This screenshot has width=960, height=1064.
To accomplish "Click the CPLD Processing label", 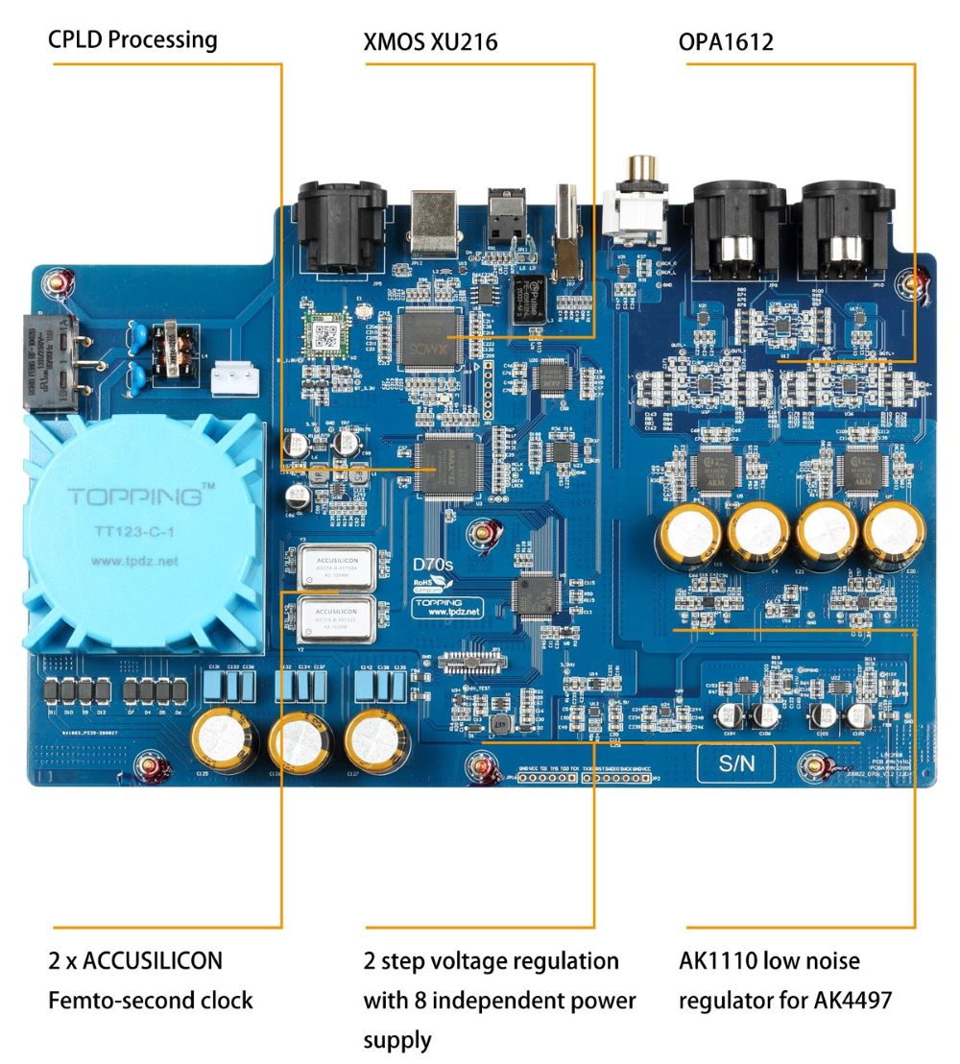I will tap(133, 40).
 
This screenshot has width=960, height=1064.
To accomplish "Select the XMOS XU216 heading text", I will tap(431, 41).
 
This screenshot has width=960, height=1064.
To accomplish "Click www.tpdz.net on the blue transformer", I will tap(135, 561).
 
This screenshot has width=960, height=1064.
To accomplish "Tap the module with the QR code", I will tap(320, 332).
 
